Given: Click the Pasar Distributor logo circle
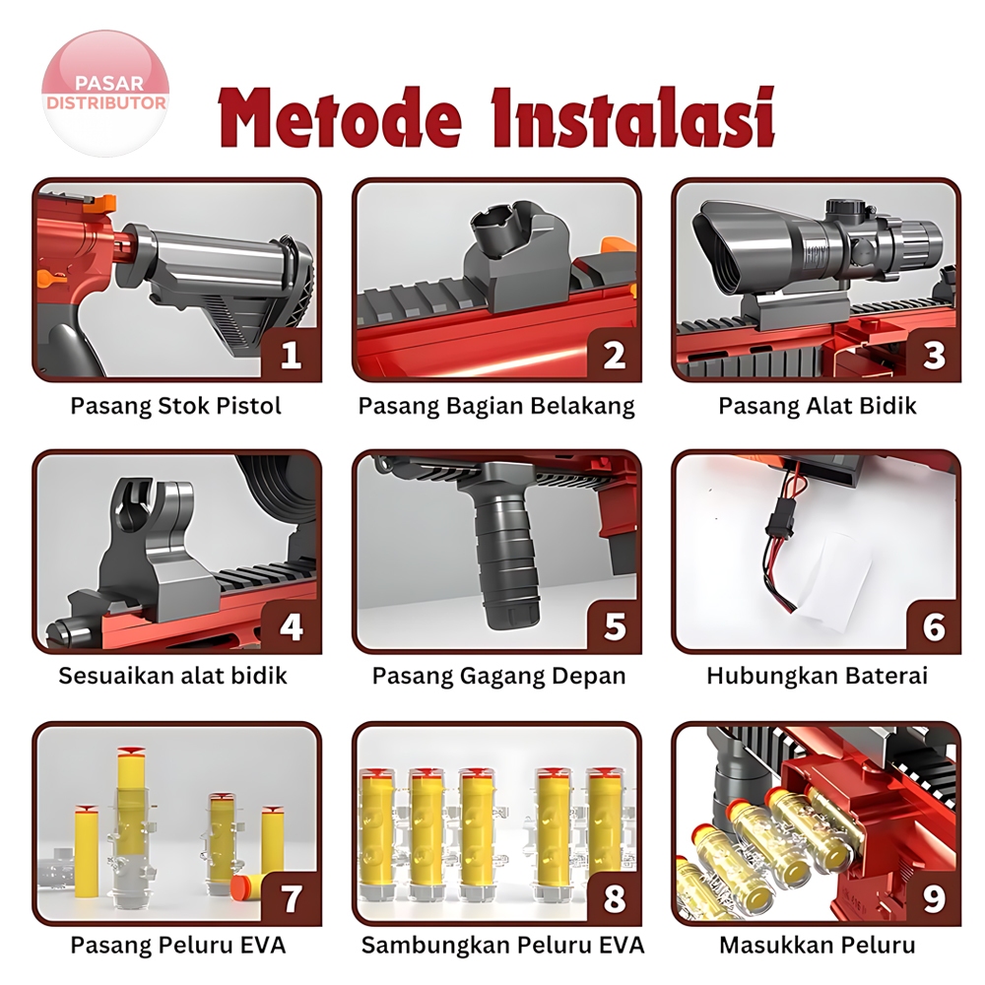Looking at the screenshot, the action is coord(105,94).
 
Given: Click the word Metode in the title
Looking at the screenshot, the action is coord(340,117).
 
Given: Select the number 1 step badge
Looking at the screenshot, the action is coord(291,355).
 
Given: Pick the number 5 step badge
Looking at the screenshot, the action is coord(614,626).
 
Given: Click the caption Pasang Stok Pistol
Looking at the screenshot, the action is coord(176,406).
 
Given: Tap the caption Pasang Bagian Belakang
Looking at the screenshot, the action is coord(496,406).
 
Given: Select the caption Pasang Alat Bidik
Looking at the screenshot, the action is coord(818,406).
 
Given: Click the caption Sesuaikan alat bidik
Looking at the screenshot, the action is coord(172,676).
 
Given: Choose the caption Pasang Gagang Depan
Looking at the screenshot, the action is coord(498,676).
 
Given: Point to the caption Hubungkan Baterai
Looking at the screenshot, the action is coord(818,676).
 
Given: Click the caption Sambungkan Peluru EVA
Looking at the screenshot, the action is coord(502,945).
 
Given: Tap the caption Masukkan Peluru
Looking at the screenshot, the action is coord(818,945).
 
